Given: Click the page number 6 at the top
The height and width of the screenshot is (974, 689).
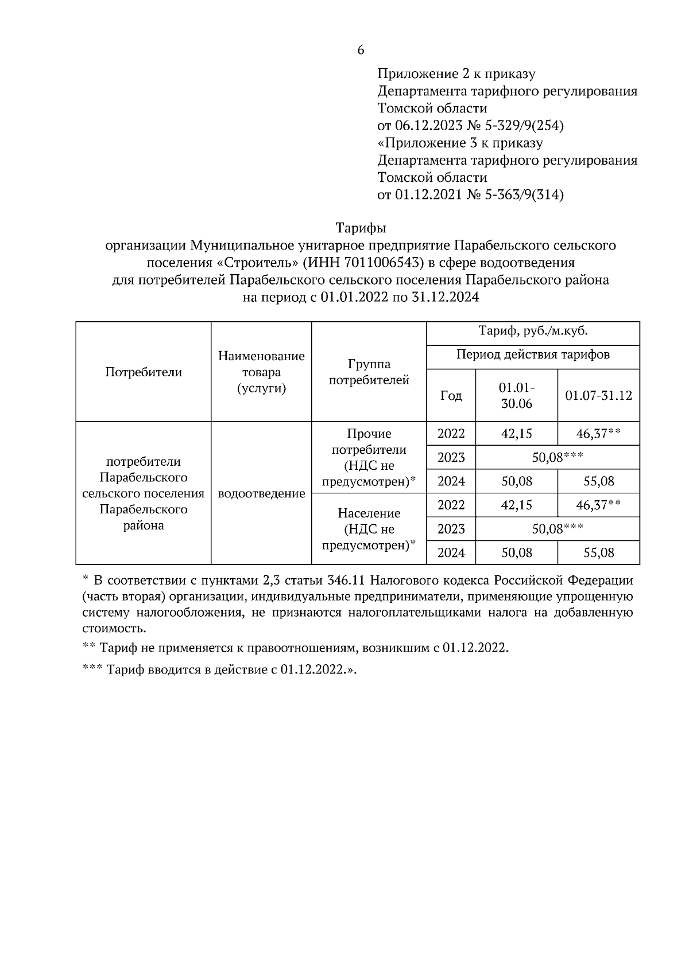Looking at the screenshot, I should click(x=361, y=50).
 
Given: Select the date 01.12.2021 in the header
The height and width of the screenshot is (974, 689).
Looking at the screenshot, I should click(x=428, y=195).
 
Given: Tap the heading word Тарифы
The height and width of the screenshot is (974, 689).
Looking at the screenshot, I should click(x=360, y=228).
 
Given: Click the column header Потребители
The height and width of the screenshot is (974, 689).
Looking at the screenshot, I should click(x=144, y=372).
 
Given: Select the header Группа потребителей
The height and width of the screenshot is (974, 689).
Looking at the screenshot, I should click(x=369, y=372).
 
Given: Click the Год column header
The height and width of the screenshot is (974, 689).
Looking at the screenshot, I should click(x=451, y=396).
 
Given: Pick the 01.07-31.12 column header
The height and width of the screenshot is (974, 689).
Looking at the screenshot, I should click(x=598, y=396).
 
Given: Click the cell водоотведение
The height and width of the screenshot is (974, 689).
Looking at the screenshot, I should click(x=261, y=493).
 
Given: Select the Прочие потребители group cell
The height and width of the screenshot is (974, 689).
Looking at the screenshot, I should click(x=369, y=458).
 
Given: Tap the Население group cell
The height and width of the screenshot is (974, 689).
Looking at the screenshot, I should click(x=369, y=529).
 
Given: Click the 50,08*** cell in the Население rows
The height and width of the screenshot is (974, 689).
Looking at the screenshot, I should click(x=557, y=529).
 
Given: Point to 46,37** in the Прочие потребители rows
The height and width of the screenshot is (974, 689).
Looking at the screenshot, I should click(x=598, y=434).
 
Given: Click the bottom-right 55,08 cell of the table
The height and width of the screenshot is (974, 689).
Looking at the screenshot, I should click(x=598, y=553).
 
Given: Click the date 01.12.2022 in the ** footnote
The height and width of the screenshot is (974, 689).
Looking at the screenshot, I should click(x=474, y=648).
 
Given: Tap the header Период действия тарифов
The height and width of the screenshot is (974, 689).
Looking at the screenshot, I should click(x=532, y=355).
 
